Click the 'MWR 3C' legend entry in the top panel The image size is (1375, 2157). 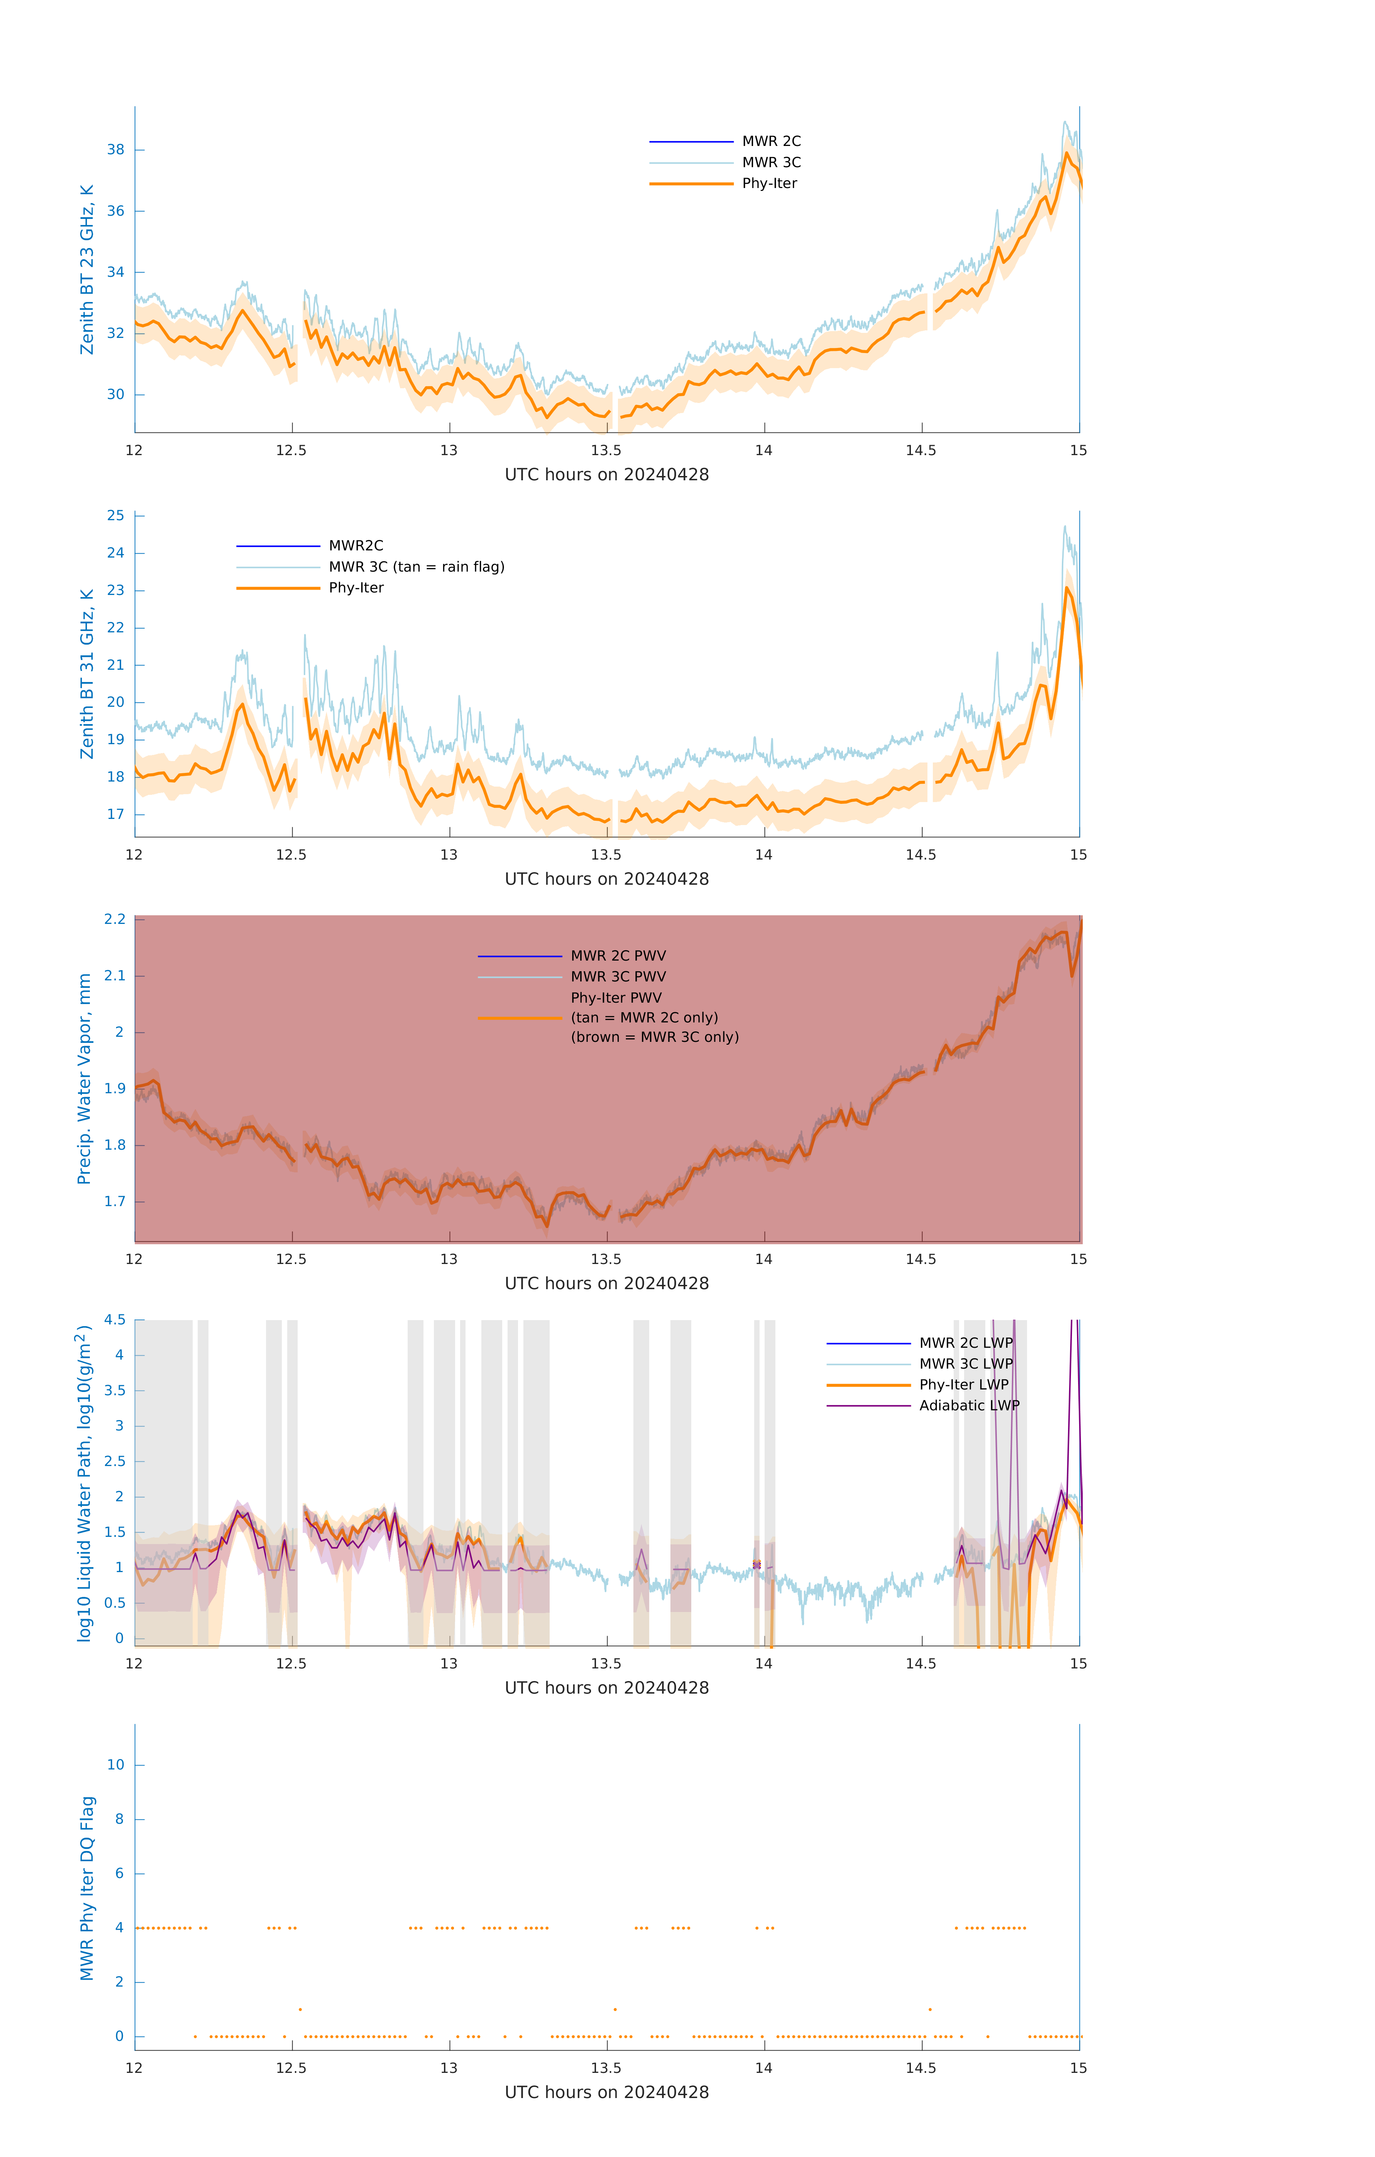coord(770,162)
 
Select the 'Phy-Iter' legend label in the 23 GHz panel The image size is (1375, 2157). coord(769,184)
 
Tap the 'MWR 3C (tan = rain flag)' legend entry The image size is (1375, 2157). coord(416,567)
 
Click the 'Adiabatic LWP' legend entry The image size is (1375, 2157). coord(968,1405)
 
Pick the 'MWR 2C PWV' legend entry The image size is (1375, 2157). coord(618,956)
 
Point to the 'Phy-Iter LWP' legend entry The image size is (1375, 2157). coord(963,1385)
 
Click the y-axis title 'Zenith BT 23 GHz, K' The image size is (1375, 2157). coord(87,270)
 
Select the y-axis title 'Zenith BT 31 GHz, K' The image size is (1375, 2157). coord(87,674)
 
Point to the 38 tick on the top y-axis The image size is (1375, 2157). coord(115,150)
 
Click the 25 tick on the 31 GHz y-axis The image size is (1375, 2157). coord(115,516)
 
